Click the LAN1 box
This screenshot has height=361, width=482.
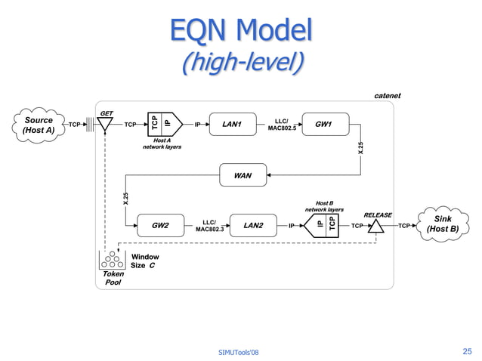[x=231, y=125]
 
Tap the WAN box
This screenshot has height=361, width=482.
[x=243, y=176]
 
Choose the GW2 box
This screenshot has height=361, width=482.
[x=160, y=225]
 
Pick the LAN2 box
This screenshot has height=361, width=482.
[x=253, y=225]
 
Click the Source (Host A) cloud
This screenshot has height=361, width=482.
[x=38, y=125]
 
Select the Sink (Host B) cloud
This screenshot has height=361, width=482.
[x=443, y=224]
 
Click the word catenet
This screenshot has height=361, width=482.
[x=388, y=96]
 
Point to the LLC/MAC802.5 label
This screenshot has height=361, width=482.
[x=282, y=125]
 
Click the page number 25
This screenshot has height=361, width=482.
[x=466, y=351]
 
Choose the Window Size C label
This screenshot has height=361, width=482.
[x=145, y=261]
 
